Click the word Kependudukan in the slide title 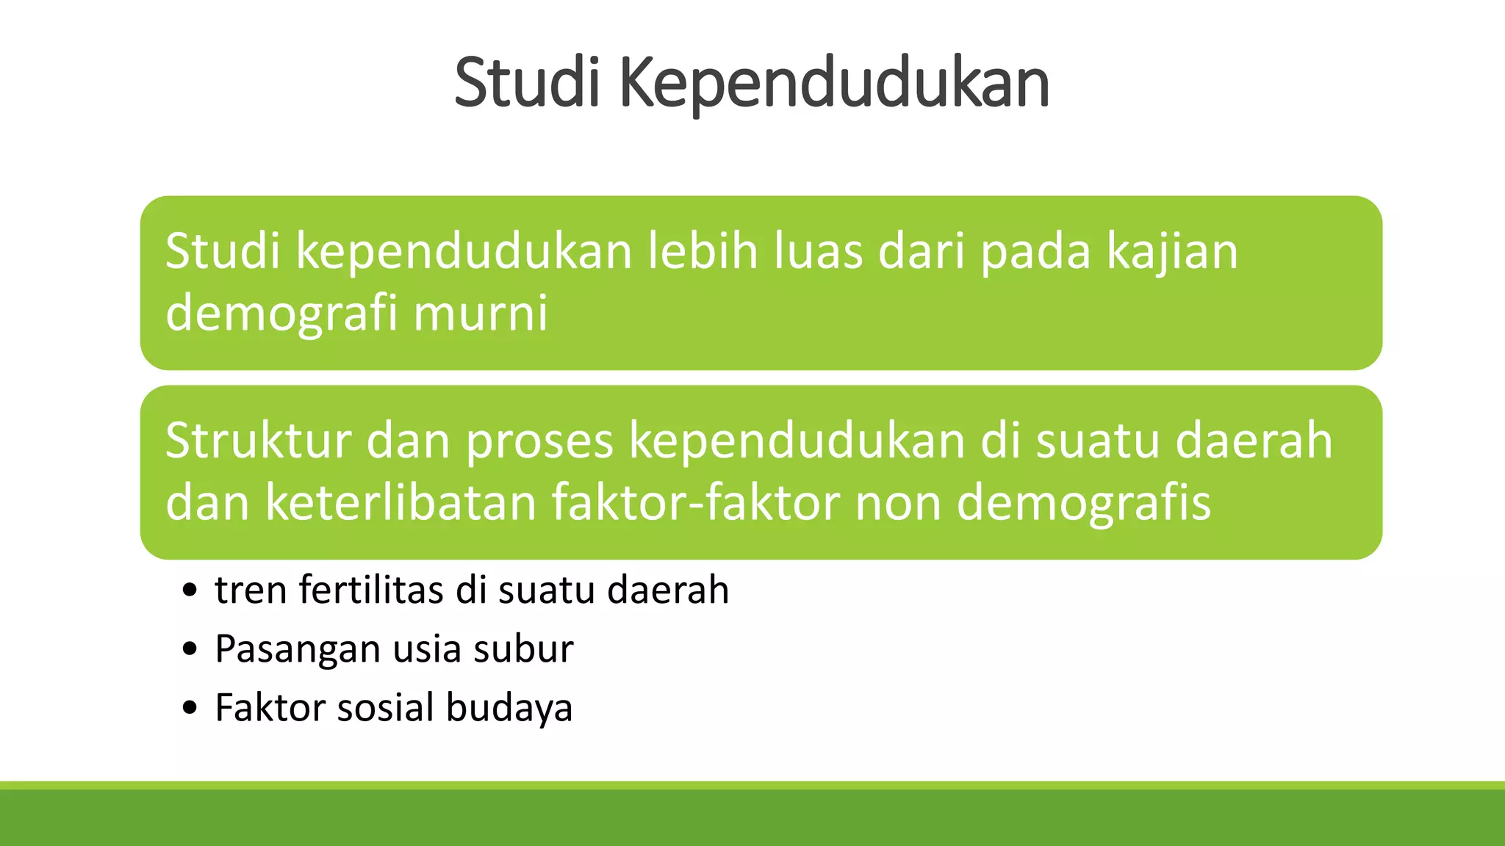tap(834, 84)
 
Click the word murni tap(481, 314)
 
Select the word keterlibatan tap(401, 503)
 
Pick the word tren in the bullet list tap(251, 591)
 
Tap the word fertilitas tap(372, 590)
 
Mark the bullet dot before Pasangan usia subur tap(191, 649)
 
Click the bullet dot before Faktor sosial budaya tap(191, 708)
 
